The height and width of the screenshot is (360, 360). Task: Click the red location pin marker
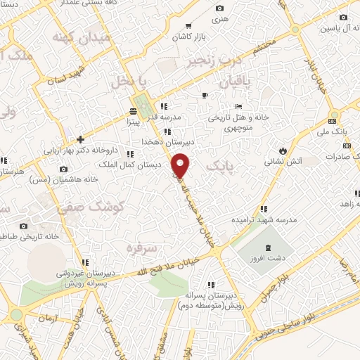[x=181, y=165]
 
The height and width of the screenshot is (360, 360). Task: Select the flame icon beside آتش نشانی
[x=283, y=150]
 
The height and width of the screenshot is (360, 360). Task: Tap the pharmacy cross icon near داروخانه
[x=81, y=139]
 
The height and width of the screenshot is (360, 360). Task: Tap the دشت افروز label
[x=268, y=258]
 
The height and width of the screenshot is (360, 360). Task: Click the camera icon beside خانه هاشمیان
[x=64, y=169]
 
